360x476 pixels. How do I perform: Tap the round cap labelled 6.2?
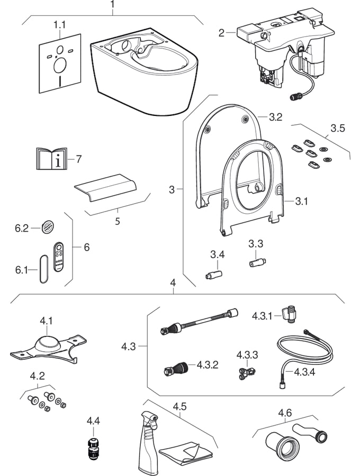coord(46,228)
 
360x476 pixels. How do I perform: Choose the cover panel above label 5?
coord(106,188)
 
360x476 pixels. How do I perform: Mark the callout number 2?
coord(221,33)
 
